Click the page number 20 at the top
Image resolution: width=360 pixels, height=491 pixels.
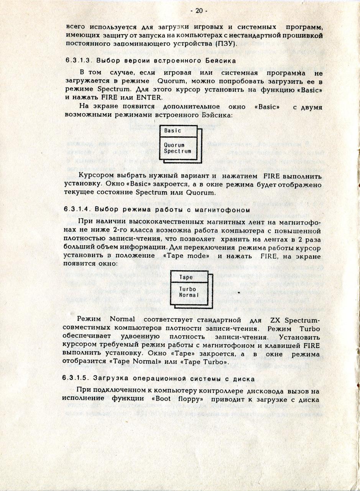click(199, 11)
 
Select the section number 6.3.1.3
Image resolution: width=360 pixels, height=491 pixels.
click(77, 61)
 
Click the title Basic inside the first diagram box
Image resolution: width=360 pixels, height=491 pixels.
click(173, 130)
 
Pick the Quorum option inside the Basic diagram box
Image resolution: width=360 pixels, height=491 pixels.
click(174, 145)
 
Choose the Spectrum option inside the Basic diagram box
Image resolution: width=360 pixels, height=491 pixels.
click(178, 151)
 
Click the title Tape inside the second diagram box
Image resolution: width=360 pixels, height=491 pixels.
click(186, 277)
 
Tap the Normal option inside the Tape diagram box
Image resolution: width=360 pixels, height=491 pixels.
click(189, 295)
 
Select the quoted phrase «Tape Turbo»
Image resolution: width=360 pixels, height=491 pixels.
click(209, 361)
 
